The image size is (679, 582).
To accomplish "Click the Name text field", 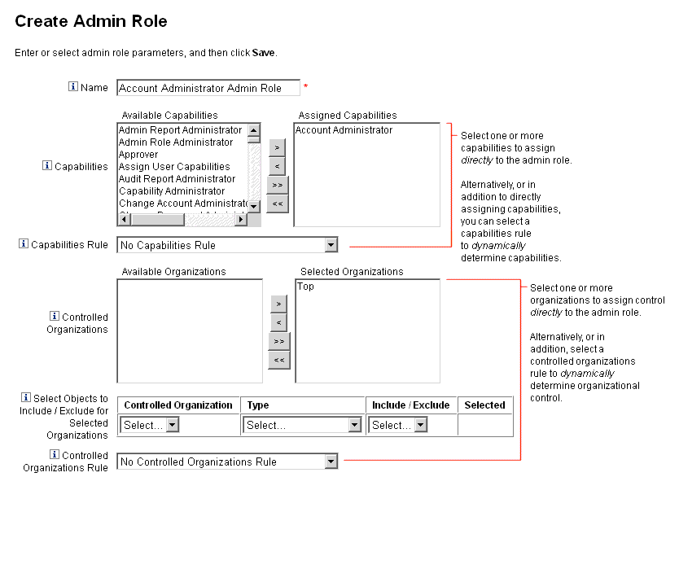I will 208,88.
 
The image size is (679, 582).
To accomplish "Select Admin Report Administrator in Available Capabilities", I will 180,130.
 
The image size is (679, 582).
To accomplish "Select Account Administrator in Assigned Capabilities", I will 344,130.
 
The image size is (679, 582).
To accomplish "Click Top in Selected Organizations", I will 305,287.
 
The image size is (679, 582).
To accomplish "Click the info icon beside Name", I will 73,87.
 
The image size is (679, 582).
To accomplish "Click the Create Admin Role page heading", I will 91,20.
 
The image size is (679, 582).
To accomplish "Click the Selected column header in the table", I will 484,405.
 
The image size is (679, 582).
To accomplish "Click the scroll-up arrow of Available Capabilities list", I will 254,129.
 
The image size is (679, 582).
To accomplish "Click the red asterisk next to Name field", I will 306,86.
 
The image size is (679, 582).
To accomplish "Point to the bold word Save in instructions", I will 263,53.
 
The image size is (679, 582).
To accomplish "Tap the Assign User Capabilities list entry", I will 174,167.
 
